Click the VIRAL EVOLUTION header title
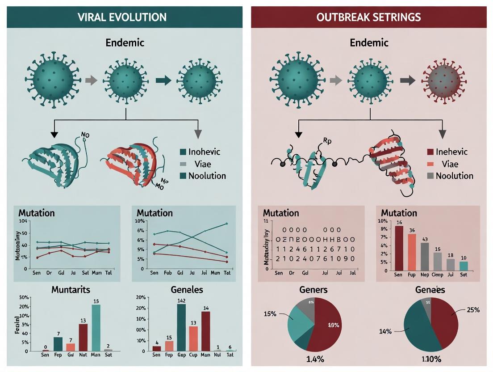coord(122,17)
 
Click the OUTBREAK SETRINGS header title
coord(368,17)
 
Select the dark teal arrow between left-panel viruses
coord(163,80)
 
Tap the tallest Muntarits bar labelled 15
coord(96,327)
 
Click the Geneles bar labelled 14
coord(205,331)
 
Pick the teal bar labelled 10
coord(464,266)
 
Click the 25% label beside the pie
coord(473,310)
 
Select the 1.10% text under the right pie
coord(431,359)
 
